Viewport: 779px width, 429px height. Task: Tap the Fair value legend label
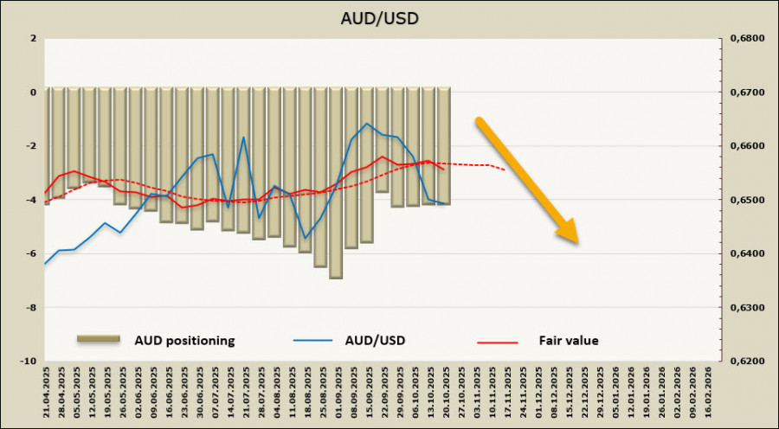pyautogui.click(x=568, y=341)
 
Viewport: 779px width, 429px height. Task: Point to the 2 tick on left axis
pyautogui.click(x=32, y=38)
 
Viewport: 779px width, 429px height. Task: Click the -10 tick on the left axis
pyautogui.click(x=29, y=362)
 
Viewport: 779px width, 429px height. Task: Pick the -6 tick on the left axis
pyautogui.click(x=31, y=253)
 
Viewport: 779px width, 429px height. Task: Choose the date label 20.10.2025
pyautogui.click(x=445, y=394)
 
